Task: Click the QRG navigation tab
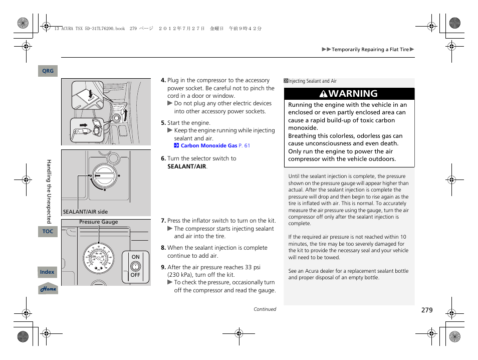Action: [x=48, y=71]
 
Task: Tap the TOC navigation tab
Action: [x=48, y=232]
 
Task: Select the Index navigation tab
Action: [x=48, y=272]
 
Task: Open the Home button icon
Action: [x=48, y=289]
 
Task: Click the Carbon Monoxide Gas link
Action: [x=208, y=146]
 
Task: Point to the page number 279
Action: [x=426, y=310]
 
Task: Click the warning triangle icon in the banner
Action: [x=324, y=94]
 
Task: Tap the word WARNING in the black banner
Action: [x=354, y=94]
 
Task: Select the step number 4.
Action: [x=163, y=80]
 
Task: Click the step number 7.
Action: [x=163, y=221]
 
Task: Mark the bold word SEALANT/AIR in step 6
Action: [x=186, y=166]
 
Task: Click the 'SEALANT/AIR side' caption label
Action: [x=85, y=212]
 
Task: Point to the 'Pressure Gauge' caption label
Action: [x=99, y=222]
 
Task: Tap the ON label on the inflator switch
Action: [x=135, y=257]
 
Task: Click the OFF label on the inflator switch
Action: [x=135, y=275]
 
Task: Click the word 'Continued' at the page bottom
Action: [x=265, y=309]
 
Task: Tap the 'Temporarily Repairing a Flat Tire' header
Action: [x=370, y=50]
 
